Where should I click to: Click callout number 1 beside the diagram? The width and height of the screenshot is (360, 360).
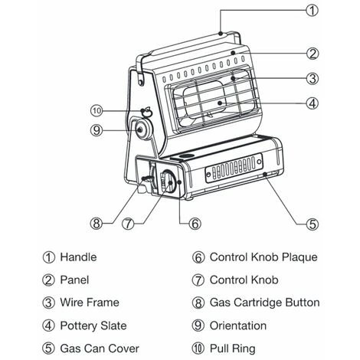click(x=312, y=11)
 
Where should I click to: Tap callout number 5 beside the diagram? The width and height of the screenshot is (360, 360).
click(x=313, y=224)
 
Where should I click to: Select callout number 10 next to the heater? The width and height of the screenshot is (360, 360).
click(x=97, y=111)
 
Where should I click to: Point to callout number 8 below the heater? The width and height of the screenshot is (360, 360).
click(x=97, y=224)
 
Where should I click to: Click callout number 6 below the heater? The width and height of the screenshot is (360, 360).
click(x=195, y=224)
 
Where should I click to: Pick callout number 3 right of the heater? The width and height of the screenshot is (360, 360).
click(x=313, y=78)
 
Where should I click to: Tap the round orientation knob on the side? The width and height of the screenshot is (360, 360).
click(x=143, y=129)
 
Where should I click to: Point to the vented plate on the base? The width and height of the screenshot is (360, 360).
click(x=234, y=168)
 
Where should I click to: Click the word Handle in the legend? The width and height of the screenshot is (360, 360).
click(x=78, y=257)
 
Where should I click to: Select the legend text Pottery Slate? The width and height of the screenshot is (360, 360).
click(x=93, y=326)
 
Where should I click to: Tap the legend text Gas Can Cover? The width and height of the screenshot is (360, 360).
click(x=100, y=349)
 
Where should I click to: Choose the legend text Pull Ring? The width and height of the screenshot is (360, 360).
click(x=232, y=349)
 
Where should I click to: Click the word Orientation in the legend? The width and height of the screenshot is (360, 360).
click(x=238, y=326)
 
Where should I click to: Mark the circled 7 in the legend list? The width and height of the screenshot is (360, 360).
click(x=198, y=280)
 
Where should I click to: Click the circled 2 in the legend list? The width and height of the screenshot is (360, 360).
click(x=48, y=280)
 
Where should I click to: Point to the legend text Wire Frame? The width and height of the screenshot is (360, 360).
click(x=90, y=303)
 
